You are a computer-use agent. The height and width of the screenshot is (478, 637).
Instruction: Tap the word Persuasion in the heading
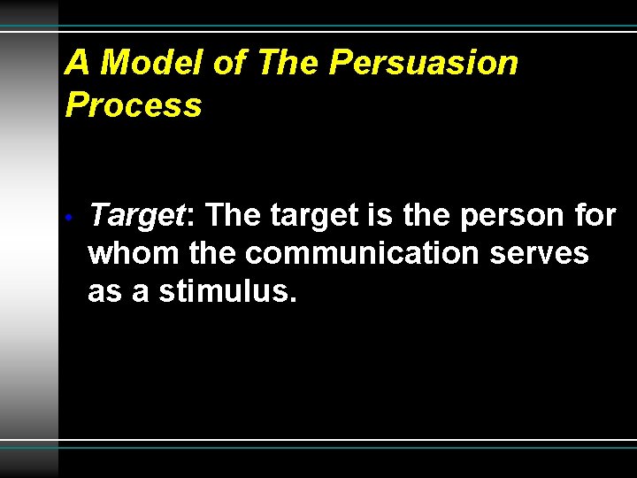coord(423,63)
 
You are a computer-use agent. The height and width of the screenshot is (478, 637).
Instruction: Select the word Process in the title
coord(134,105)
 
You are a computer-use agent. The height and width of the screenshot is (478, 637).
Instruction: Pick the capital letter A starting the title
coord(78,63)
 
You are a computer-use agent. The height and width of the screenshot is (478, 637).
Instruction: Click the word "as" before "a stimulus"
coord(105,291)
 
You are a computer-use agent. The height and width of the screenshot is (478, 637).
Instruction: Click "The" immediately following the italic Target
coord(233,215)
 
